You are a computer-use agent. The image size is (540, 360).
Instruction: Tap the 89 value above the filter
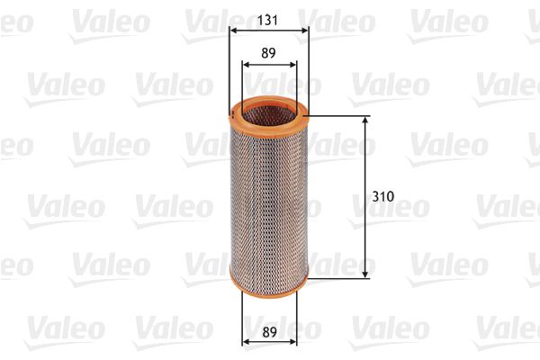coord(268,53)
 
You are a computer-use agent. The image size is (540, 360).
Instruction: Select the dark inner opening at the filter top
coord(267,112)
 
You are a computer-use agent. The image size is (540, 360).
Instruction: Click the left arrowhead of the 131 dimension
coord(233,29)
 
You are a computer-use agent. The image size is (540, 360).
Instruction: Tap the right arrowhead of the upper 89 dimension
coord(292,65)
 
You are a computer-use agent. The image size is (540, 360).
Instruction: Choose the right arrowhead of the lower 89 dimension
coord(292,342)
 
